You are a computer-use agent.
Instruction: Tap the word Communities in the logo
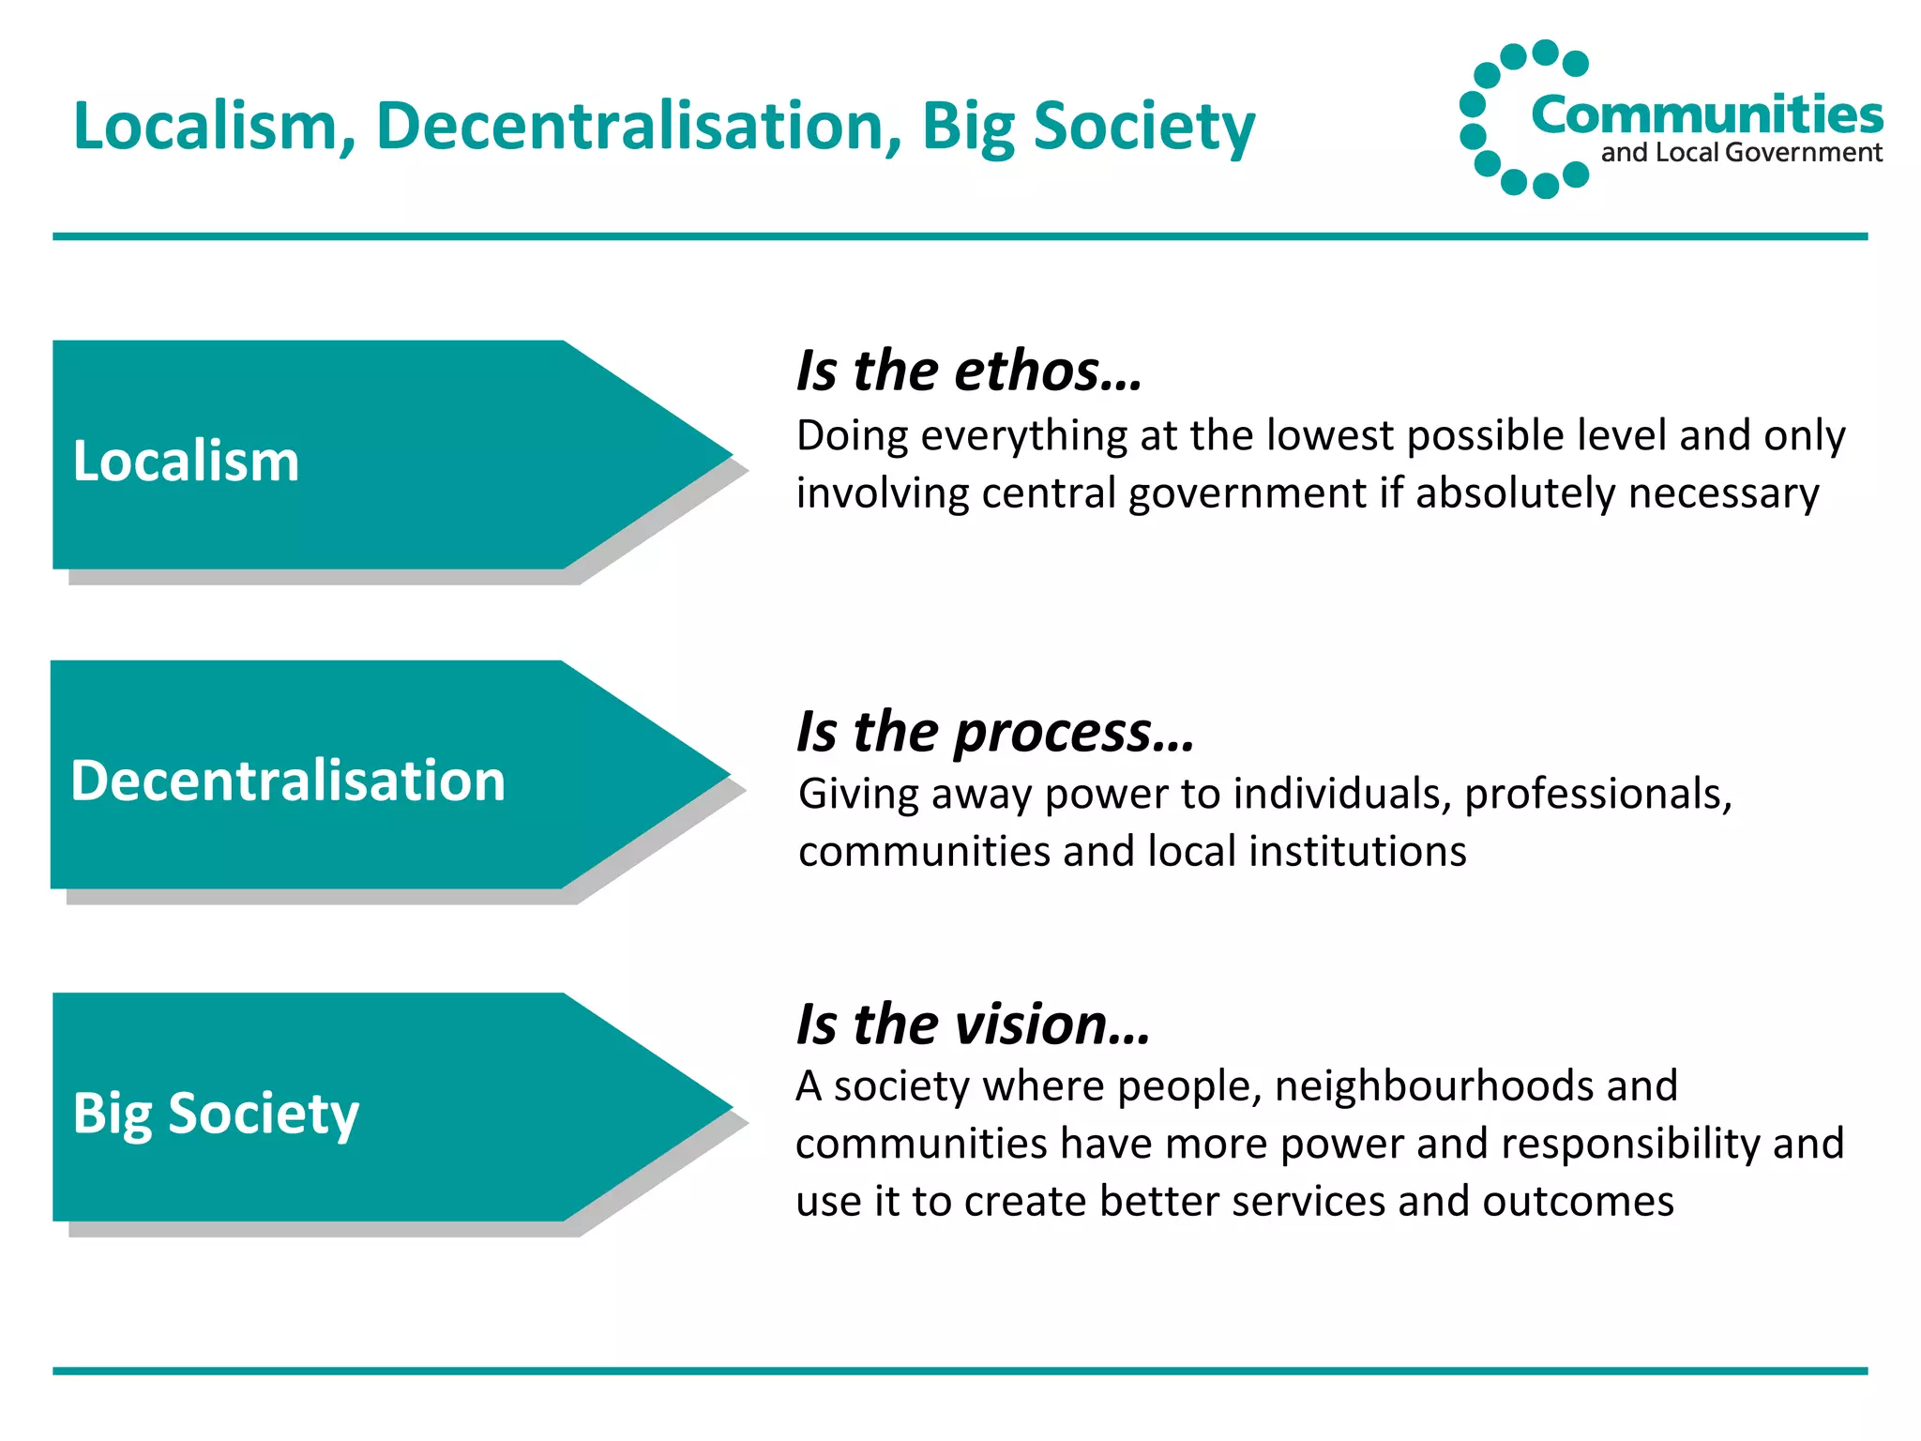tap(1706, 114)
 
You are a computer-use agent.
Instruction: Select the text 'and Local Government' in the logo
tap(1741, 153)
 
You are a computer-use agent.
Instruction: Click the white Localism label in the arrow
tap(186, 462)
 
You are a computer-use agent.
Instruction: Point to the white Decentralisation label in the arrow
tap(288, 781)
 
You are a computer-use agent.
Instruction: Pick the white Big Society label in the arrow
tap(216, 1114)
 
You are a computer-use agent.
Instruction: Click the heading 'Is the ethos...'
tap(969, 371)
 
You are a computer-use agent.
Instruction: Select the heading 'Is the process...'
tap(995, 732)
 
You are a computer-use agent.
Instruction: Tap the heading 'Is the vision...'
tap(973, 1024)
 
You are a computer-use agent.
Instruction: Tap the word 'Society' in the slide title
tap(1143, 126)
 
